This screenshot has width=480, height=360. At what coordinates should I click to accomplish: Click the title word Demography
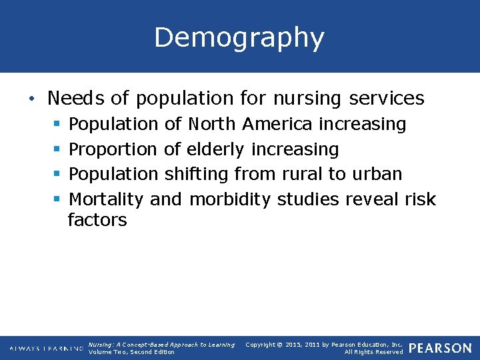tap(239, 39)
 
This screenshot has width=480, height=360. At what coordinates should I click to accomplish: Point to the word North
tap(212, 124)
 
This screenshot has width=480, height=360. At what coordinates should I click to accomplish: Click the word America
tap(277, 124)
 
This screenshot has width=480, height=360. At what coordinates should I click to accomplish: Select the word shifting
tap(197, 174)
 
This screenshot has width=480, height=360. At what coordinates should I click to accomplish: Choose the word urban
tap(376, 174)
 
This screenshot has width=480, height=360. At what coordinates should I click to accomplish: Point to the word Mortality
tap(107, 199)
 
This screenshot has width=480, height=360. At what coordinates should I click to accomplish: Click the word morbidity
tap(230, 199)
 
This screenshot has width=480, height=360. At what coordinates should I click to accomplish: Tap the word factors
tap(97, 220)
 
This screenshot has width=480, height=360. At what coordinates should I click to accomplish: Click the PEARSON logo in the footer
tap(439, 348)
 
